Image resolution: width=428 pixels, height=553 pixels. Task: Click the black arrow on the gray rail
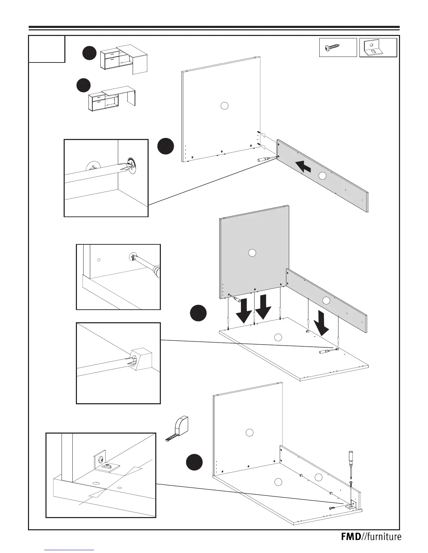pyautogui.click(x=304, y=166)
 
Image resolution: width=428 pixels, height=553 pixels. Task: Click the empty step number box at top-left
pyautogui.click(x=47, y=49)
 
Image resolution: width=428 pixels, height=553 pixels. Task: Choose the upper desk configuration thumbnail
pyautogui.click(x=124, y=59)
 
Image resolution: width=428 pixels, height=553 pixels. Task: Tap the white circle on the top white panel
pyautogui.click(x=225, y=105)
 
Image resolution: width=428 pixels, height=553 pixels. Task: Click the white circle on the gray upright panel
pyautogui.click(x=252, y=253)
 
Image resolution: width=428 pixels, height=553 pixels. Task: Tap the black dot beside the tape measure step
pyautogui.click(x=194, y=462)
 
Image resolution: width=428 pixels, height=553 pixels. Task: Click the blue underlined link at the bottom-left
pyautogui.click(x=70, y=550)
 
